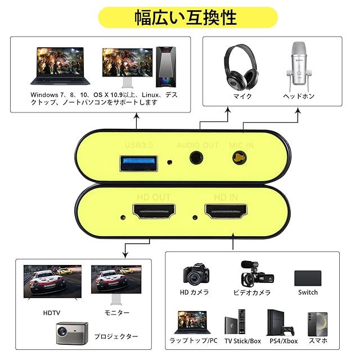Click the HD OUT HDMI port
pyautogui.click(x=154, y=213)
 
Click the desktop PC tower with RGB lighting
pyautogui.click(x=165, y=66)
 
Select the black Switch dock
pyautogui.click(x=308, y=278)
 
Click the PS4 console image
pyautogui.click(x=281, y=322)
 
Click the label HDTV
pyautogui.click(x=52, y=312)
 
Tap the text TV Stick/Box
pyautogui.click(x=242, y=341)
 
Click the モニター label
pyautogui.click(x=117, y=312)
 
